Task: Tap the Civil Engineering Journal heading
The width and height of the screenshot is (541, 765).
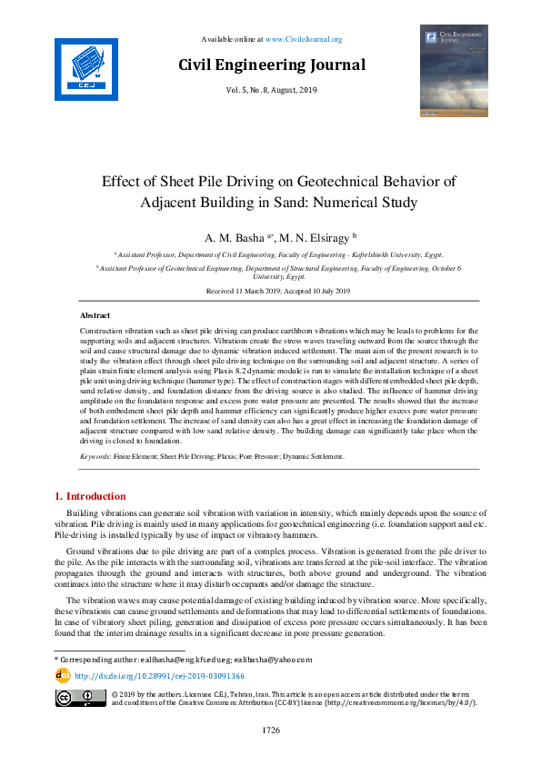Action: click(x=271, y=65)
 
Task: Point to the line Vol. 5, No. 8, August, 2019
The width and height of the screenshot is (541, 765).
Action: click(x=271, y=91)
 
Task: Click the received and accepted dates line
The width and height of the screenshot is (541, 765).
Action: click(x=271, y=292)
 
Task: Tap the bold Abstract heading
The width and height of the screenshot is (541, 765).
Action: click(x=95, y=314)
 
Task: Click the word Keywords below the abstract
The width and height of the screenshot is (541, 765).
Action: click(x=95, y=456)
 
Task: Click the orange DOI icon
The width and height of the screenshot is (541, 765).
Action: click(x=63, y=675)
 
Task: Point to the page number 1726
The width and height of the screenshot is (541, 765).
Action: click(x=271, y=730)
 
